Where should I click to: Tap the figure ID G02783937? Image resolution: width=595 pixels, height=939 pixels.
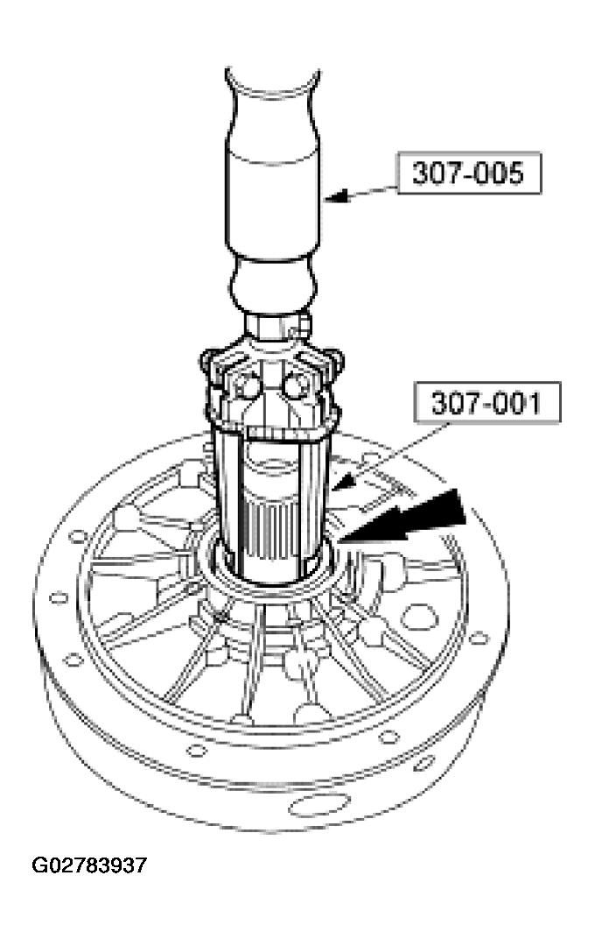coord(89,866)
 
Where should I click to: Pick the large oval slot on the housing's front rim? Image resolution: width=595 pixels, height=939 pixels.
coord(314,802)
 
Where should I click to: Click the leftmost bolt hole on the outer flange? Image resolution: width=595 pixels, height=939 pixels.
coord(59,598)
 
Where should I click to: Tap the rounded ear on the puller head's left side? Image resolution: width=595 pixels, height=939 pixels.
coord(207,357)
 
